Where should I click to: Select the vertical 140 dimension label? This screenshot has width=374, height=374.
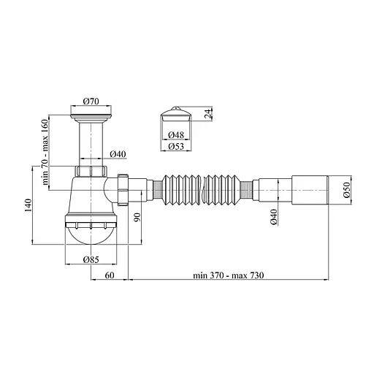[28, 208]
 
